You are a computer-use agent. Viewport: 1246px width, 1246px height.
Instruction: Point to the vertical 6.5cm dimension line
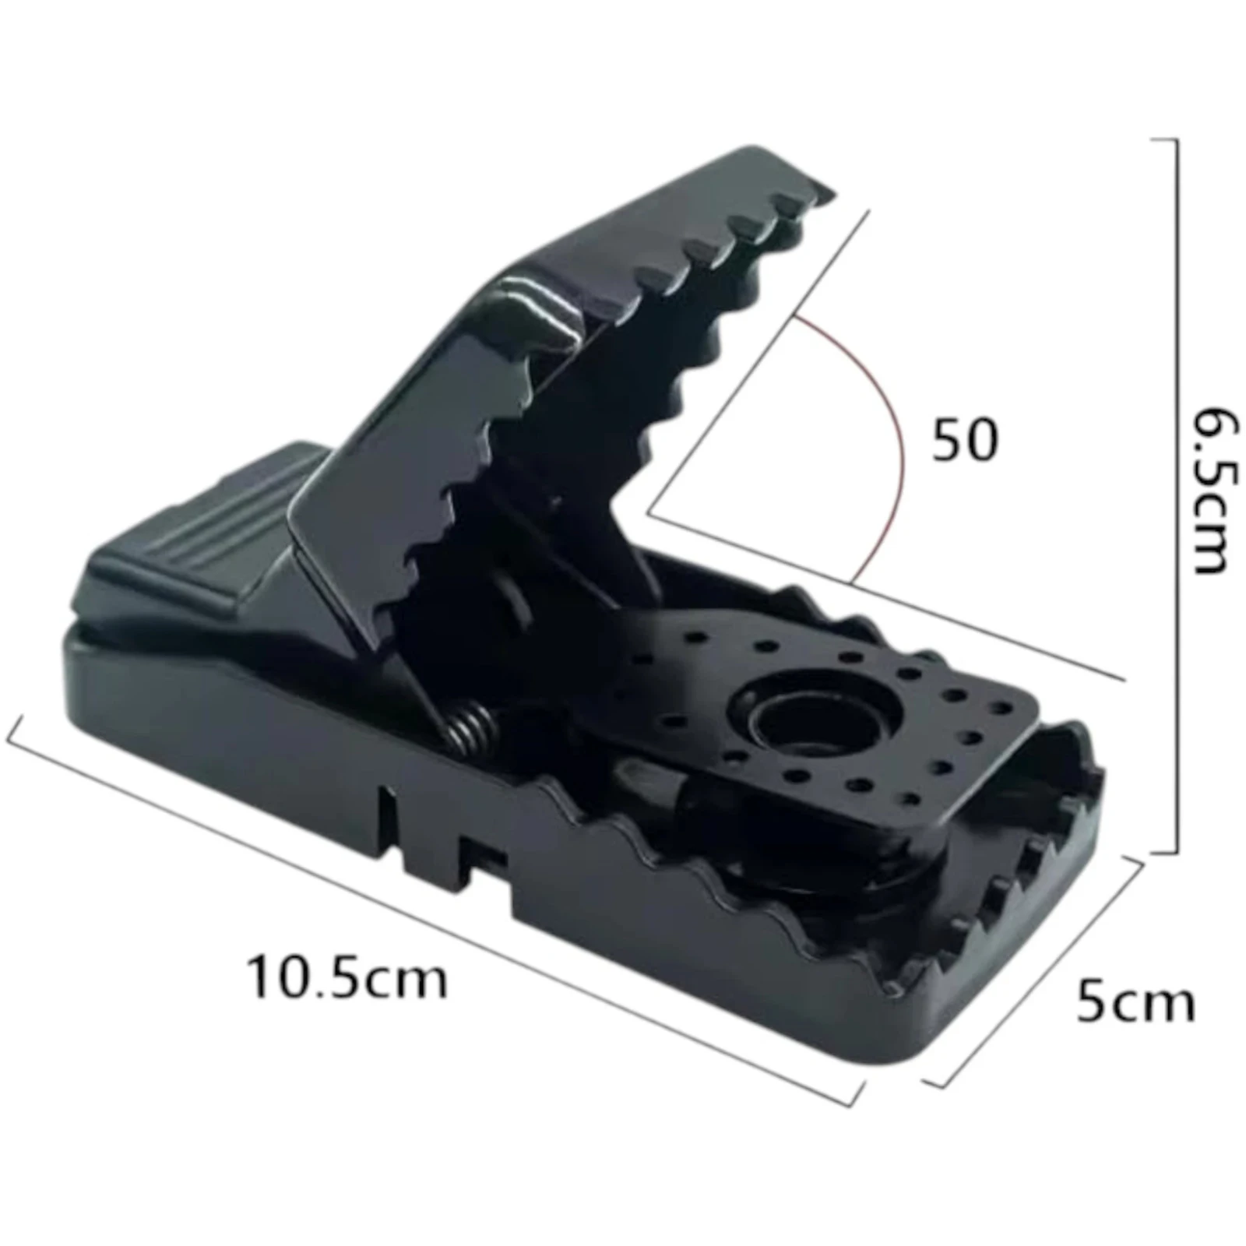point(1175,498)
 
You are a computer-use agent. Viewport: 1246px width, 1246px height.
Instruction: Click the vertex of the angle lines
point(649,512)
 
